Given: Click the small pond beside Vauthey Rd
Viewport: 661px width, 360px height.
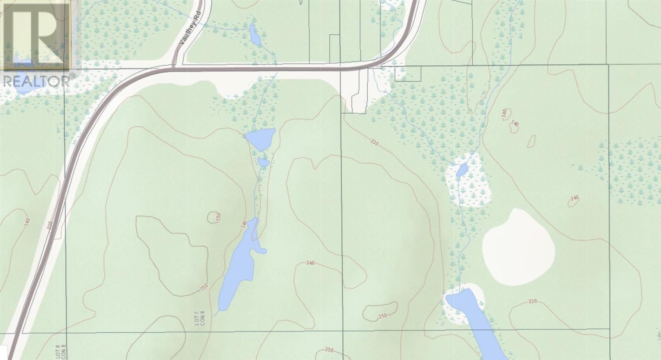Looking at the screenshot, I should [x=254, y=35].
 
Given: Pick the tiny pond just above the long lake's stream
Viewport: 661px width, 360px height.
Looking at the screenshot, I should [x=263, y=162].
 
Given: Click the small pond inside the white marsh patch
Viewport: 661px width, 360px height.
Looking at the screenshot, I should [x=462, y=169].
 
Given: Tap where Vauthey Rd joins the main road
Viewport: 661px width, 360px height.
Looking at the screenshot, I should [x=174, y=66].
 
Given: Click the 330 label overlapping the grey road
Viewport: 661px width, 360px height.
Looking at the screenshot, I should [x=50, y=226].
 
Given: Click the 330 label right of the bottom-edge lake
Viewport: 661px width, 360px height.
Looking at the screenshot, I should [x=533, y=301].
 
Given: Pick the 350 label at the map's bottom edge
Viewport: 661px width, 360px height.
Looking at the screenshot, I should [x=329, y=350].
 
